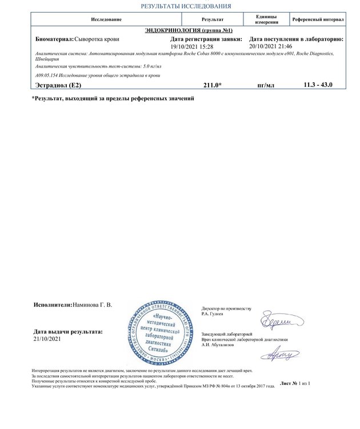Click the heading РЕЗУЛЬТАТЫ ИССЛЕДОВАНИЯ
click(186, 6)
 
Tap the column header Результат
click(213, 19)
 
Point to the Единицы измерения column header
click(266, 19)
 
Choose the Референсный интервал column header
click(318, 19)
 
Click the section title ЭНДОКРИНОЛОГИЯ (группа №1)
click(188, 29)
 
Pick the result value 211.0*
click(213, 85)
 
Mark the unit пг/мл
click(266, 85)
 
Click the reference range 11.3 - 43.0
click(318, 85)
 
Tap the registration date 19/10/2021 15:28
click(192, 46)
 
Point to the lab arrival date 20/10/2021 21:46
click(271, 46)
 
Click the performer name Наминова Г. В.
click(93, 305)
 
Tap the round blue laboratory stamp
click(162, 332)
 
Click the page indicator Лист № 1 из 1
click(295, 382)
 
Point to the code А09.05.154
click(47, 75)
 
